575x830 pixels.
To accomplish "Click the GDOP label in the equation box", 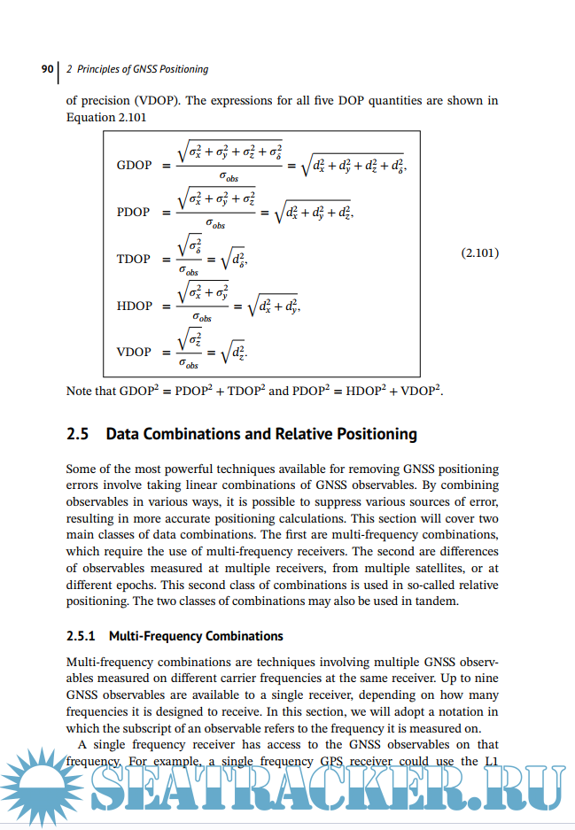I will tap(134, 166).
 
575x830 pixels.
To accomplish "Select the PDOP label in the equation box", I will tap(134, 213).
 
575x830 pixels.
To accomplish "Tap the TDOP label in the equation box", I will tap(134, 260).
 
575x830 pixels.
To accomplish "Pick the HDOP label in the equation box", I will tap(134, 306).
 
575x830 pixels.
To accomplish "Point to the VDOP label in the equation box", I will tap(134, 352).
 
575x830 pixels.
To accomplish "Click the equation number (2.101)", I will tap(480, 253).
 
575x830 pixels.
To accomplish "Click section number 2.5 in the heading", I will tap(78, 434).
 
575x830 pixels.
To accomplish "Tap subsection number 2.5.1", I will tap(82, 636).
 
